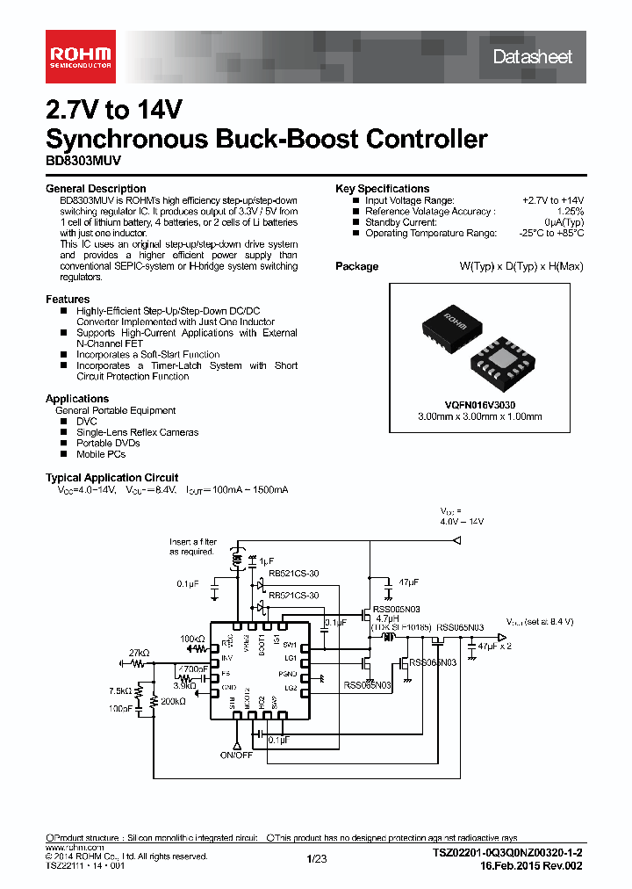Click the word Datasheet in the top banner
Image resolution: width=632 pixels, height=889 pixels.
[x=532, y=57]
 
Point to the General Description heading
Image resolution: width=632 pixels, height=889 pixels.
[x=96, y=189]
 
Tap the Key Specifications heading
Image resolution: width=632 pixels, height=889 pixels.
[x=382, y=189]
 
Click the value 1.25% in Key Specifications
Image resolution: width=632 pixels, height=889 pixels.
[x=571, y=212]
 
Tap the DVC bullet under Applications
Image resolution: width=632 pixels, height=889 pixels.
[x=86, y=422]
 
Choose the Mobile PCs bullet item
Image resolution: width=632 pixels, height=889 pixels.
[x=100, y=454]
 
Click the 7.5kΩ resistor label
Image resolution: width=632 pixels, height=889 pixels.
[x=121, y=690]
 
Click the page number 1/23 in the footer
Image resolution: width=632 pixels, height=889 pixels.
[x=316, y=858]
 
